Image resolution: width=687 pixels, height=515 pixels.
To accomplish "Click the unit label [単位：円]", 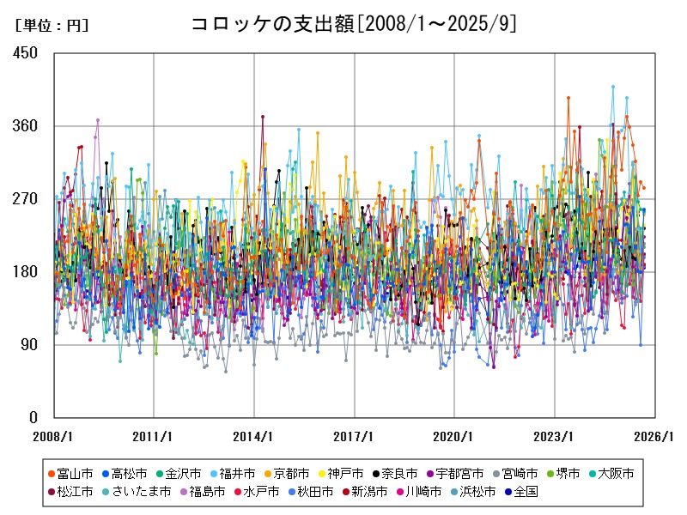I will [52, 26].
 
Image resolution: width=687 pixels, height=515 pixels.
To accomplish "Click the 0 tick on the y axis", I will [33, 418].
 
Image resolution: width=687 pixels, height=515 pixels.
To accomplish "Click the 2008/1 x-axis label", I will [53, 436].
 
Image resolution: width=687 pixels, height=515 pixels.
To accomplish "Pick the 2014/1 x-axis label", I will [254, 436].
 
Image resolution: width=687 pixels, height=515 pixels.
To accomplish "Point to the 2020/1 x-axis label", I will [454, 436].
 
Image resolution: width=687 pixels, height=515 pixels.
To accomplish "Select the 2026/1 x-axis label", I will [654, 436].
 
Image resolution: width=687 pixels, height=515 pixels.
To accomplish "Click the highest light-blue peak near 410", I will [612, 87].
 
